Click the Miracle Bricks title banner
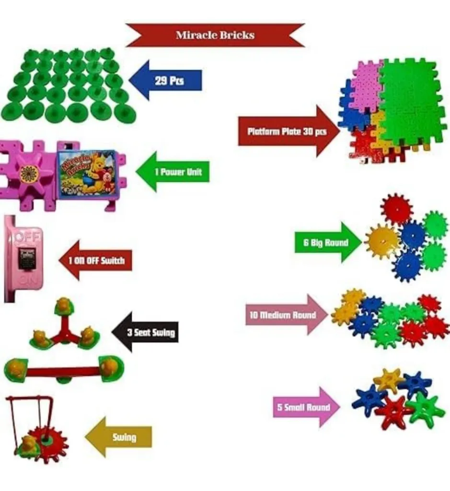click(215, 35)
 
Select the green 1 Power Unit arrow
click(174, 172)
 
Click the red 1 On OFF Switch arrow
click(95, 260)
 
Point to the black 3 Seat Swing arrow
click(146, 332)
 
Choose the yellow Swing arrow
click(120, 437)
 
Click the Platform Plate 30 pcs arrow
click(286, 131)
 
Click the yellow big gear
click(382, 241)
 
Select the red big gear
click(397, 209)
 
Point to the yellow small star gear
click(388, 380)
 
